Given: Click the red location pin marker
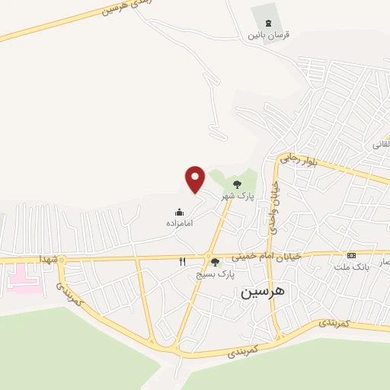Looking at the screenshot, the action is click(x=196, y=178).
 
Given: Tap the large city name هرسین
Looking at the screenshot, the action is click(x=261, y=292).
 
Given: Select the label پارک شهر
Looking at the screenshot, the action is click(x=237, y=197).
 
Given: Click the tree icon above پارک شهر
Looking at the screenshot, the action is click(x=237, y=184).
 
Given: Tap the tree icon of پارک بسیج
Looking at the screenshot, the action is click(x=215, y=262).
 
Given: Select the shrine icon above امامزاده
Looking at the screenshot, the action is click(x=179, y=212).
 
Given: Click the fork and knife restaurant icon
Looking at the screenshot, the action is click(x=183, y=262).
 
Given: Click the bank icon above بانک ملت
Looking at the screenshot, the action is click(x=351, y=255).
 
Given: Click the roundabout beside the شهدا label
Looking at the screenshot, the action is click(x=63, y=261).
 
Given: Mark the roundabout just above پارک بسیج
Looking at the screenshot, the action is click(x=208, y=255).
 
